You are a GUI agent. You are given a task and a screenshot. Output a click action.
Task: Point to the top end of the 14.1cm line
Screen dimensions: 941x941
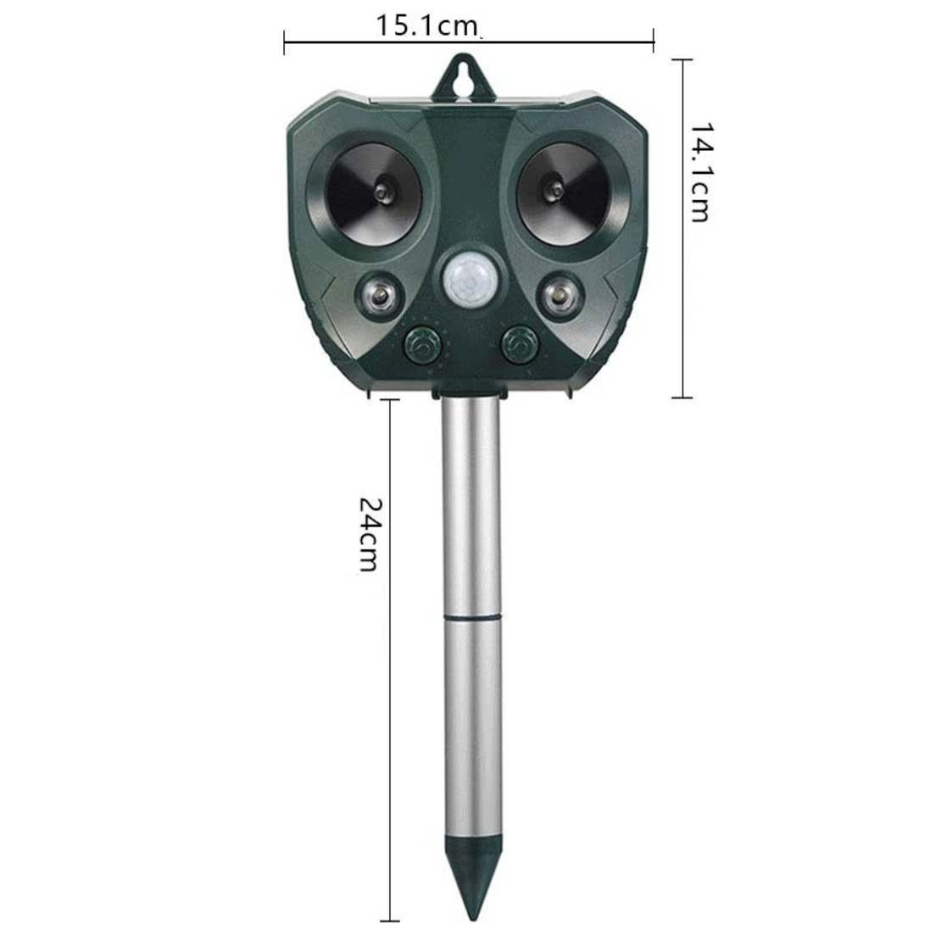point(682,60)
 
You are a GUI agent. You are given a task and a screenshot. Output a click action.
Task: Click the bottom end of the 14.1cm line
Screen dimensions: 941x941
point(682,396)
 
